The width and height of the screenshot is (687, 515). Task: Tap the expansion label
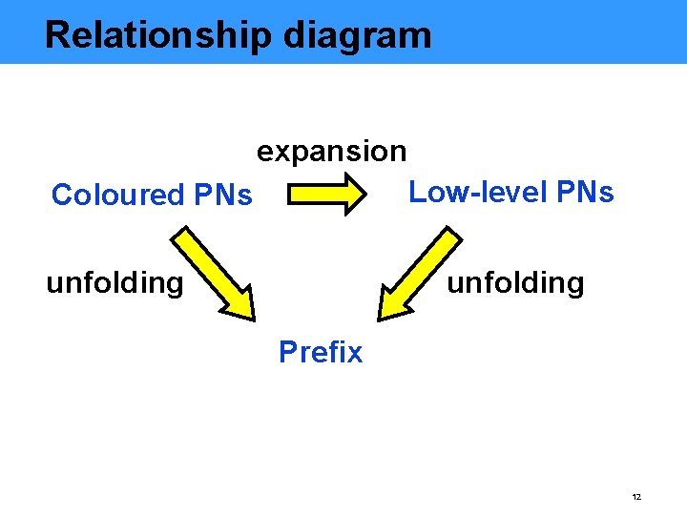coord(331,152)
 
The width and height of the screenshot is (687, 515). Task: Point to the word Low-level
coord(472,193)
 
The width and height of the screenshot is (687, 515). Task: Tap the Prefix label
coord(321,353)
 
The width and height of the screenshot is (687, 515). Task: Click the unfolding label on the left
coord(114,282)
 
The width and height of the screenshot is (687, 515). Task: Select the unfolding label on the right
coord(515,282)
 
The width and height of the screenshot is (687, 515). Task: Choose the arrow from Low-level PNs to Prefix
coord(420,272)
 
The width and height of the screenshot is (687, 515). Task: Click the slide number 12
coord(636,498)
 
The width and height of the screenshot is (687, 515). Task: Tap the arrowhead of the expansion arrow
coord(352,194)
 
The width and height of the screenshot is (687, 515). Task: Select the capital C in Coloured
coord(61,195)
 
